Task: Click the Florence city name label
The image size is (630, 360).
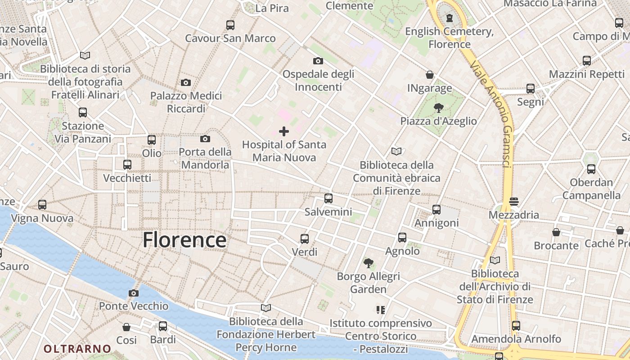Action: coord(184,240)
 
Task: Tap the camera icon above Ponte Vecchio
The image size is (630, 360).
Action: coord(133,293)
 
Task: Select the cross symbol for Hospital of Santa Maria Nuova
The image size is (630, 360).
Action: coord(284,131)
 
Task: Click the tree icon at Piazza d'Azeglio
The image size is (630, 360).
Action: coord(438,108)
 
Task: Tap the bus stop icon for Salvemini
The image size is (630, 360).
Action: coord(328,198)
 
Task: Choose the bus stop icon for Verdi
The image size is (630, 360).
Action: coord(305,238)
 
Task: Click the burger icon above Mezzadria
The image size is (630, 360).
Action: coord(514,201)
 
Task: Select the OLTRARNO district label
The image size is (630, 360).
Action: coord(77,349)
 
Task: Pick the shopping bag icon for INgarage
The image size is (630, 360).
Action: coord(430,75)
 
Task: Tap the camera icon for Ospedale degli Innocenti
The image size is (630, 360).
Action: coord(318,61)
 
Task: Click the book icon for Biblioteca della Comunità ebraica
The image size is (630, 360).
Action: coord(396,152)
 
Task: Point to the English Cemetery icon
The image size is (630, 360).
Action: coord(449,18)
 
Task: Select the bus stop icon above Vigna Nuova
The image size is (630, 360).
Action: coord(42,205)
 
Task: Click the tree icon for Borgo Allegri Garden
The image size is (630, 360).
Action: coord(368,263)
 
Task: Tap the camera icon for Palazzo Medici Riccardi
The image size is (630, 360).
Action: coord(186,82)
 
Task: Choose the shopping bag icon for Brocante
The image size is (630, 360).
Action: coord(556,232)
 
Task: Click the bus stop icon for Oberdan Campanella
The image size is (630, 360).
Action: coord(591,169)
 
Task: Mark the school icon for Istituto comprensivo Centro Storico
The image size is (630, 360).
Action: coord(381,310)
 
